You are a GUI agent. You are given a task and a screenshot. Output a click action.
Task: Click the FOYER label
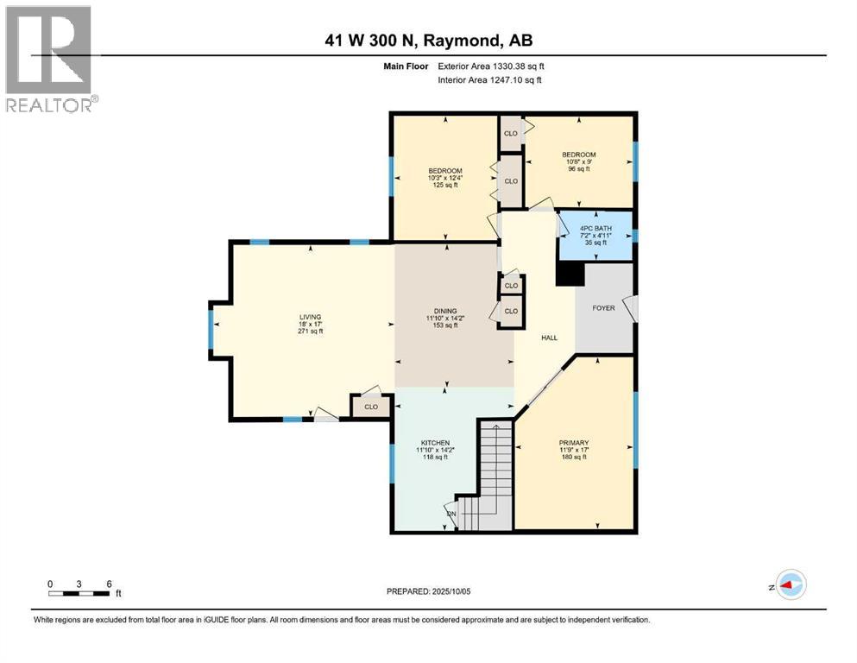[603, 307]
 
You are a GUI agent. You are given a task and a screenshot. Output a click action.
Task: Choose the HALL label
[549, 338]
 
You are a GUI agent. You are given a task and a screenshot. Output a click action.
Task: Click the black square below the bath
[569, 274]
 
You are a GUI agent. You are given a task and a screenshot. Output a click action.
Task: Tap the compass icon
[790, 585]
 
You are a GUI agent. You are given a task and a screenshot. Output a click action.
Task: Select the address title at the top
[428, 41]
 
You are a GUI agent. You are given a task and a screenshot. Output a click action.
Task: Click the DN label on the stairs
[451, 515]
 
